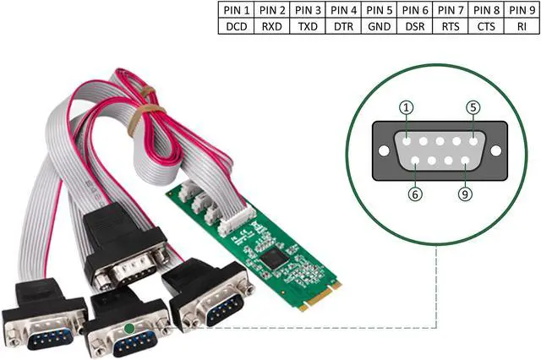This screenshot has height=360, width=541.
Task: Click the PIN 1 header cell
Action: (235, 10)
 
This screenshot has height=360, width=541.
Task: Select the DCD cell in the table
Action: (235, 26)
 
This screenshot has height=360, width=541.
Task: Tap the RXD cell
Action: (271, 26)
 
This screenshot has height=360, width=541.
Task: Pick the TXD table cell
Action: (307, 26)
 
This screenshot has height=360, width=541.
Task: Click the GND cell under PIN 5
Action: (379, 26)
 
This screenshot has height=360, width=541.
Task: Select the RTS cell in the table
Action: (450, 26)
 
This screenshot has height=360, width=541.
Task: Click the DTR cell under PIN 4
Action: (342, 26)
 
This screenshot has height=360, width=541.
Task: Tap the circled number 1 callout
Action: (407, 107)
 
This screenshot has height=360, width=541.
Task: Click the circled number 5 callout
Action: (473, 107)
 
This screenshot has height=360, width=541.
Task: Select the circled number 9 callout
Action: (465, 194)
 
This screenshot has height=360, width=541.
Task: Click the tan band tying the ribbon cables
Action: (151, 109)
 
